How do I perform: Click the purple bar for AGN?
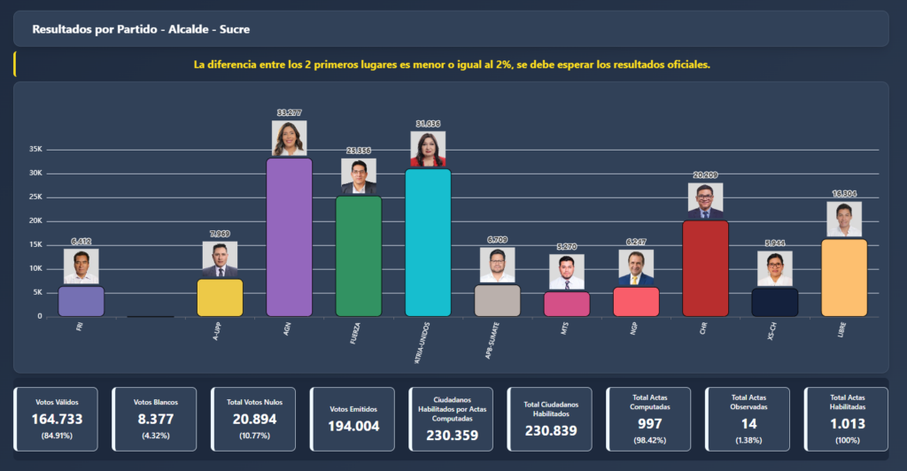click(x=290, y=237)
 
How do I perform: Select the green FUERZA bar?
click(x=359, y=256)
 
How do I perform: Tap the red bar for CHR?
click(x=705, y=268)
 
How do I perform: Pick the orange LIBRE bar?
click(x=844, y=277)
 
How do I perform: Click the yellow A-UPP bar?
click(x=220, y=297)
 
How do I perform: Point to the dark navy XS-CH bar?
click(x=775, y=302)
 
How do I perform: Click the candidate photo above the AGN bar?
click(x=290, y=138)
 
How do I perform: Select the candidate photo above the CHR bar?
click(x=705, y=201)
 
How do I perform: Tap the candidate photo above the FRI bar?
click(x=81, y=266)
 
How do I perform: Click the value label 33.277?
click(x=290, y=113)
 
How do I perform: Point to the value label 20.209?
click(x=705, y=175)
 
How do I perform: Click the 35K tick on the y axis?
click(x=36, y=150)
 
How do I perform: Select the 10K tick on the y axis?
click(x=36, y=268)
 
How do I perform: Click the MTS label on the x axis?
click(x=565, y=328)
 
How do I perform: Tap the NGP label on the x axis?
click(x=634, y=328)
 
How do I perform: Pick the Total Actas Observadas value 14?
click(x=748, y=423)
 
